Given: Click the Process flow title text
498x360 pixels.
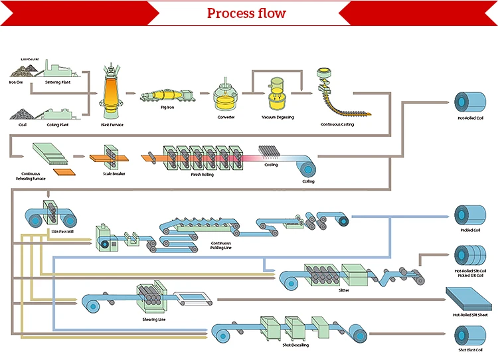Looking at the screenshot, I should [246, 13].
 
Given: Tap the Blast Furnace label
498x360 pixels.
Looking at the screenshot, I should [112, 124].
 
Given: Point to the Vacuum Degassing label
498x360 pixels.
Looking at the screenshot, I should [278, 118].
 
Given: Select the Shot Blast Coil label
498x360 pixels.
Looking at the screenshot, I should [469, 350].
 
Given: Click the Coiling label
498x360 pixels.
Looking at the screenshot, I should [308, 181].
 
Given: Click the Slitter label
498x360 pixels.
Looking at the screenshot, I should [343, 290].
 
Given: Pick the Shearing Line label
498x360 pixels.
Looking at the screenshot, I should [153, 318].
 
